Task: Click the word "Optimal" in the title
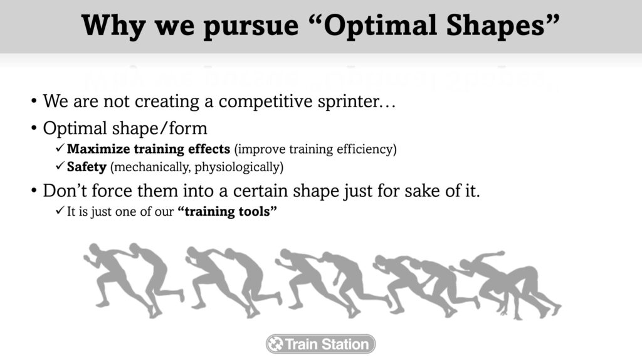tap(381, 25)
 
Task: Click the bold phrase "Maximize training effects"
tap(148, 149)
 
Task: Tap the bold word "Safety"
tap(87, 167)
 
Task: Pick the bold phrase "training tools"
tap(227, 211)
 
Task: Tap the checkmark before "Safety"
tap(60, 166)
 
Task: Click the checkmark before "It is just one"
tap(60, 210)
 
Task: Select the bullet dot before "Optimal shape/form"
tap(34, 128)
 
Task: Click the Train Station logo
tap(320, 344)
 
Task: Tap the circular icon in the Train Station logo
tap(276, 344)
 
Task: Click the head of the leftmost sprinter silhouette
tap(95, 250)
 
